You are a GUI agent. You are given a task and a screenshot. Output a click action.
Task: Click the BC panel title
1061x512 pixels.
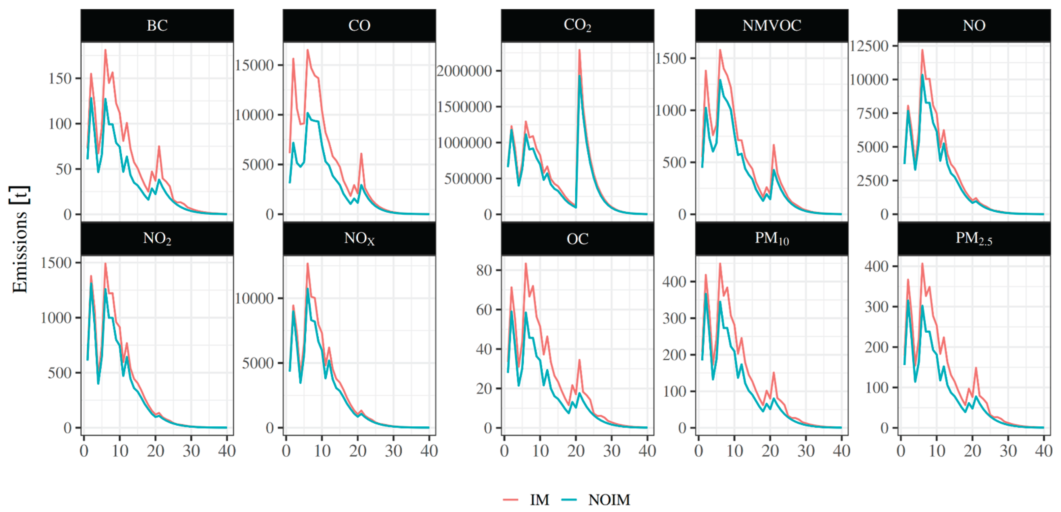157,26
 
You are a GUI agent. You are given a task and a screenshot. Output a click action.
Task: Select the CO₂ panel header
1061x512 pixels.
577,26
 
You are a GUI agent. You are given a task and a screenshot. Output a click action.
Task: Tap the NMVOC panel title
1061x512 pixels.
771,26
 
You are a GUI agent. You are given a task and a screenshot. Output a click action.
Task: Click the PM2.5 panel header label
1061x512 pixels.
974,239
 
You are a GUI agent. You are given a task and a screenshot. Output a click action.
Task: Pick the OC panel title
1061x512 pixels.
577,239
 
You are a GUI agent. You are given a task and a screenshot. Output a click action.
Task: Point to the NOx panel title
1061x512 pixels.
359,239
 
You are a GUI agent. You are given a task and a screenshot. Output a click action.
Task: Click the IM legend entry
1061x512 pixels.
539,500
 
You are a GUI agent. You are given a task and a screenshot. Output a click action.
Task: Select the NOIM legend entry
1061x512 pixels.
609,500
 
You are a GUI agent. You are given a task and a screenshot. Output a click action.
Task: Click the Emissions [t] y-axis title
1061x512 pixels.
19,239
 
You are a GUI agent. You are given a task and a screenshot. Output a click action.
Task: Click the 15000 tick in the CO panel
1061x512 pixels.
254,65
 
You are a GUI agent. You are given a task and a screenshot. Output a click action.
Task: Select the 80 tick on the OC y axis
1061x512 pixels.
484,270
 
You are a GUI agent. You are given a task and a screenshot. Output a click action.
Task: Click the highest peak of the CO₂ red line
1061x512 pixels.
579,50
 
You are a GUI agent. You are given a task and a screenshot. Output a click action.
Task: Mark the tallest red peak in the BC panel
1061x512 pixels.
105,50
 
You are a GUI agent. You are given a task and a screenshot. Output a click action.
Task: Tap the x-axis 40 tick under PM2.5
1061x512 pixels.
1043,451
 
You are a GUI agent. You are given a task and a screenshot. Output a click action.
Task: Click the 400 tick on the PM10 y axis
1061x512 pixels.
674,282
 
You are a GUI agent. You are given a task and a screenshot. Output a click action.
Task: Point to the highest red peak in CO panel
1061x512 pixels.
307,50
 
